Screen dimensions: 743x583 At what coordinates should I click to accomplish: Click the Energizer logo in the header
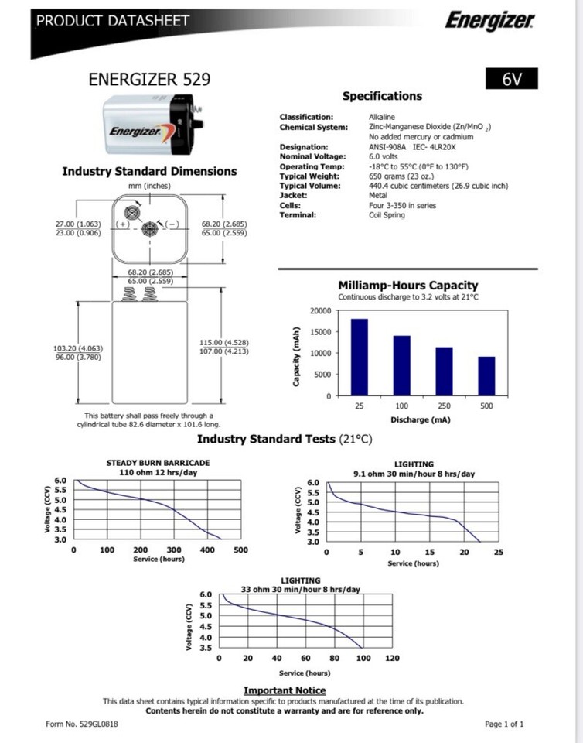click(488, 22)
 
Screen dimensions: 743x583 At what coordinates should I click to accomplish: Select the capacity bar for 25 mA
click(360, 357)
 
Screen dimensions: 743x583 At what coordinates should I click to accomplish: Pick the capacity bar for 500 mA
click(486, 376)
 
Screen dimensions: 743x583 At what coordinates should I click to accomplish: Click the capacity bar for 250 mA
click(444, 371)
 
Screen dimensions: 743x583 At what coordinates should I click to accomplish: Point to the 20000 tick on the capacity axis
click(320, 311)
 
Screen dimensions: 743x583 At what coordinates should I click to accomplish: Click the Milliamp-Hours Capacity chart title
click(408, 286)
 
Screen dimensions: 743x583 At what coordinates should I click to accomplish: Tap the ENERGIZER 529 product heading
click(149, 80)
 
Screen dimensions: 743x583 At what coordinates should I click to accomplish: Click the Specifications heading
click(382, 97)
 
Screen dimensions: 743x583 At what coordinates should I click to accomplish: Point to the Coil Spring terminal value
click(387, 215)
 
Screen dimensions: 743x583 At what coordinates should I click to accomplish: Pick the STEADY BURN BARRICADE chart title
click(158, 463)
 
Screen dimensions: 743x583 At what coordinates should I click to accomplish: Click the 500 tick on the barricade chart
click(240, 550)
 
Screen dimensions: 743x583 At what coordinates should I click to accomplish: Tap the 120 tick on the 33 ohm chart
click(392, 659)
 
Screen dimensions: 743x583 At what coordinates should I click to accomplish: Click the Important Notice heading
click(285, 690)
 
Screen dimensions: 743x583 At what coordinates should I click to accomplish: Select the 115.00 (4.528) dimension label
click(224, 342)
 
